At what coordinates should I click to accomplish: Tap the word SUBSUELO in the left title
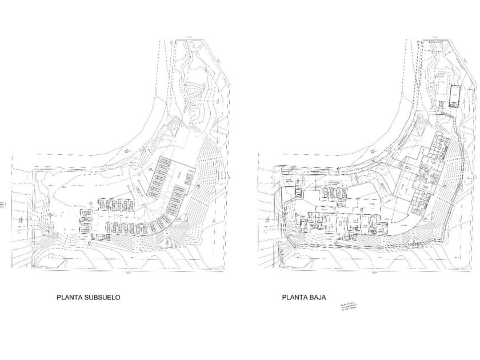(102, 297)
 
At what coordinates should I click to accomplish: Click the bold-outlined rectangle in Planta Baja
(455, 95)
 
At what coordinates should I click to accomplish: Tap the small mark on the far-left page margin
(4, 201)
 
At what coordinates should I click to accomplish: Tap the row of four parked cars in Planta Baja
(331, 191)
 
